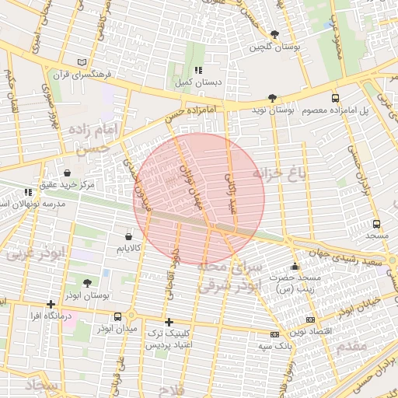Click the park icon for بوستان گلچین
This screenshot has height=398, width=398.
(275, 34)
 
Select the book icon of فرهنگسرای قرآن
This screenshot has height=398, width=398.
(83, 62)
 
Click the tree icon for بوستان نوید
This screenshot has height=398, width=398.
(271, 98)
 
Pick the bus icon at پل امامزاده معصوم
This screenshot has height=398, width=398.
(335, 98)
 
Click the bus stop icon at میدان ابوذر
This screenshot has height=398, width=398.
(117, 316)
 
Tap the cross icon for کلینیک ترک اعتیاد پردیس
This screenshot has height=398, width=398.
(168, 322)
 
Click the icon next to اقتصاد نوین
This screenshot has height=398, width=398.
(310, 319)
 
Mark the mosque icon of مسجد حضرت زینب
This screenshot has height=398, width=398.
(294, 267)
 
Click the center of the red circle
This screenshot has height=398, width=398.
(199, 198)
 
